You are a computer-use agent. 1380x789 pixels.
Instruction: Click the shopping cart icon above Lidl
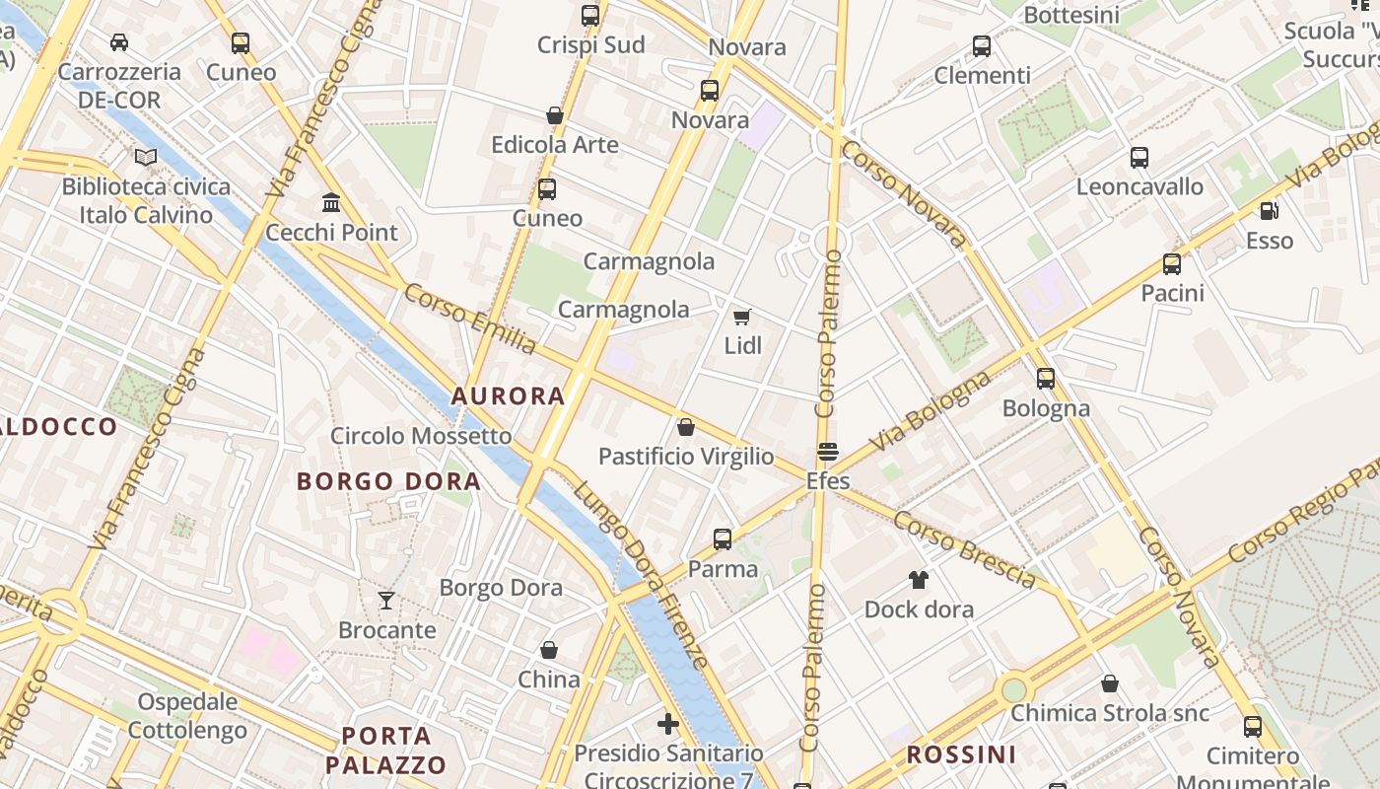(x=742, y=317)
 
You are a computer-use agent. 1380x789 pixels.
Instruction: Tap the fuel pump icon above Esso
(x=1269, y=211)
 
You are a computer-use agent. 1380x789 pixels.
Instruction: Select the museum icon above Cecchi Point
(x=331, y=203)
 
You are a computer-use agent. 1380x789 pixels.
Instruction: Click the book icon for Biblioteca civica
(x=146, y=157)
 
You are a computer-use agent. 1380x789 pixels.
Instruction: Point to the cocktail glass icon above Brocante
(x=386, y=600)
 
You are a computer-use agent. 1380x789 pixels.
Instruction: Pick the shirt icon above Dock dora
(x=919, y=579)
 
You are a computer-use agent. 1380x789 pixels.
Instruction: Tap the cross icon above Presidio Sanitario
(x=668, y=724)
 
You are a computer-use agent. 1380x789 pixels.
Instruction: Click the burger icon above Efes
(x=828, y=452)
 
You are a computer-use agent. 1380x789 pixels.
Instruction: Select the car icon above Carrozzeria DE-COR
(x=119, y=42)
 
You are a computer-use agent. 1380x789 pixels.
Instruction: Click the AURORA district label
(x=508, y=396)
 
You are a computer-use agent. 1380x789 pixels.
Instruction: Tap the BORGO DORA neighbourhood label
(x=388, y=481)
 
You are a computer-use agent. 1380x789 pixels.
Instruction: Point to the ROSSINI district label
(x=961, y=755)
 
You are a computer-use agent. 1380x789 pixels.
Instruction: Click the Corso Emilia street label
(x=470, y=319)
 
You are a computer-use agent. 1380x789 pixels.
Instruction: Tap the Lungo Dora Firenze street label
(x=641, y=575)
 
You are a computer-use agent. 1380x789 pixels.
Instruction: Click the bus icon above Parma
(x=723, y=539)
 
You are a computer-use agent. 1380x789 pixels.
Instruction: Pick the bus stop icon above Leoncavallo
(x=1139, y=158)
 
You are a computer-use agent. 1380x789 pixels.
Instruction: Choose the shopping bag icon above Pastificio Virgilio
(x=686, y=427)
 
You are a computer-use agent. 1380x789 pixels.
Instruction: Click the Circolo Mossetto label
(x=421, y=436)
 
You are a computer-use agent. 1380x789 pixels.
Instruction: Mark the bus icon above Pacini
(x=1172, y=264)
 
